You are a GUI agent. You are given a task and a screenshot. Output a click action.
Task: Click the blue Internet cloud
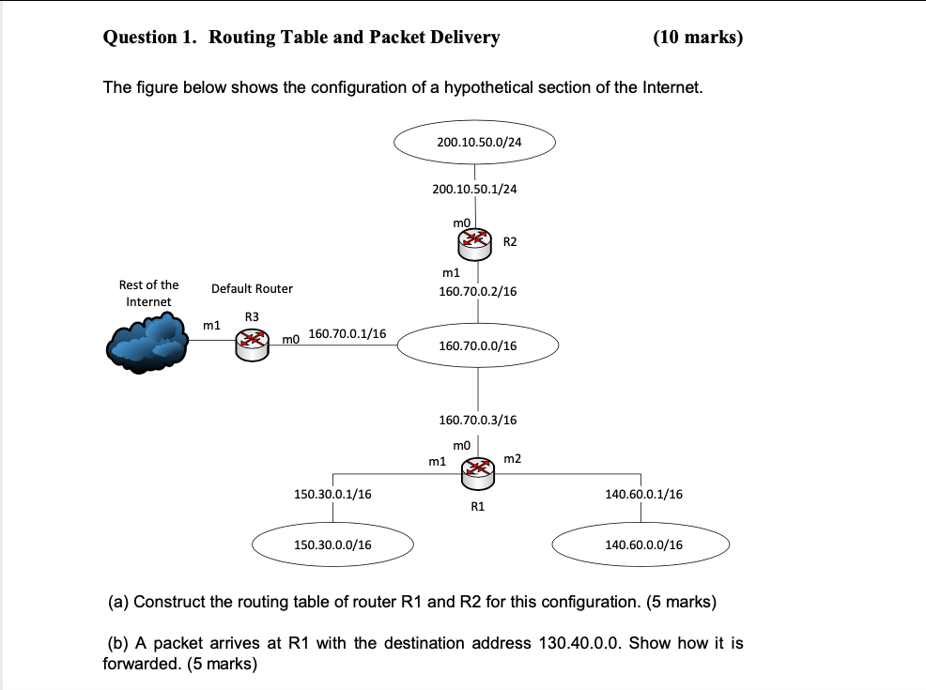[x=147, y=344]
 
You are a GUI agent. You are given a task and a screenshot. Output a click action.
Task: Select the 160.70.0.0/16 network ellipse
[x=478, y=345]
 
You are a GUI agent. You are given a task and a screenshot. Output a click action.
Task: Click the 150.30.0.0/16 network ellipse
[x=332, y=544]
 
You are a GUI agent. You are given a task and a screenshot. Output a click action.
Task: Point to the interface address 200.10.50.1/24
[x=474, y=189]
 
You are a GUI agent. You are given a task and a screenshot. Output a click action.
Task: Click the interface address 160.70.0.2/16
[x=477, y=291]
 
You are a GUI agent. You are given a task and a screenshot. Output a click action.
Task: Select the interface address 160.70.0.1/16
[x=347, y=333]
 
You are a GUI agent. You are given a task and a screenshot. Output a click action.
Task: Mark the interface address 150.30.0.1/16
[x=332, y=494]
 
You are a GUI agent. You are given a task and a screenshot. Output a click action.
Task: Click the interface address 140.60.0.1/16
[x=643, y=494]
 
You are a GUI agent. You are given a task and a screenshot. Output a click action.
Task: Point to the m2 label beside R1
[x=512, y=458]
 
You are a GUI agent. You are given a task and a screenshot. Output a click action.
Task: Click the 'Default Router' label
[x=252, y=288]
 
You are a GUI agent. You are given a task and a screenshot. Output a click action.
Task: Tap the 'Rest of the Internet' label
[x=148, y=293]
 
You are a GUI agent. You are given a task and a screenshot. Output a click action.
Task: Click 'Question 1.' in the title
[x=150, y=38]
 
